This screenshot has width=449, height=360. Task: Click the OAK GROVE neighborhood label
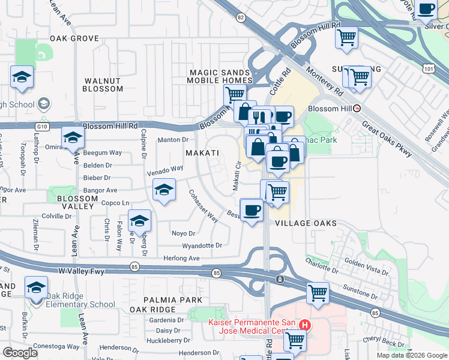point(74,38)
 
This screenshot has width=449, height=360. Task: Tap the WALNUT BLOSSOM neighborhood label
point(103,85)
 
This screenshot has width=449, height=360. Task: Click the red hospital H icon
point(306,326)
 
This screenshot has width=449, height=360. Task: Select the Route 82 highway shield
point(241,18)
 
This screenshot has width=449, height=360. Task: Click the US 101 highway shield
point(428,69)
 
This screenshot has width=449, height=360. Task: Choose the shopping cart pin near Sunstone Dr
point(318,293)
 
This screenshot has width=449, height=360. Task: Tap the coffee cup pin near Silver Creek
point(426,10)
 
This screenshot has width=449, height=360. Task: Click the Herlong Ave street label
point(182,258)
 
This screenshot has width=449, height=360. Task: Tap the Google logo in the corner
point(20,352)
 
